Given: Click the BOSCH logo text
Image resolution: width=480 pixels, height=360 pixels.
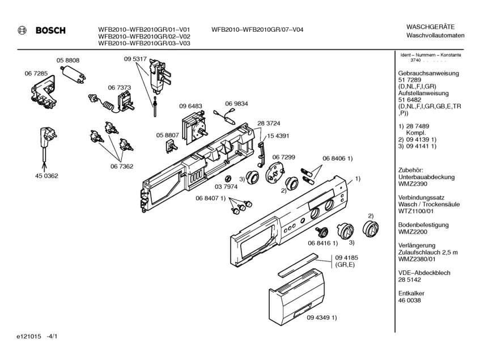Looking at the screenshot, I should (x=50, y=31).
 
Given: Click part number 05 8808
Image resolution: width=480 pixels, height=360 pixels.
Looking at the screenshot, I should (x=67, y=61).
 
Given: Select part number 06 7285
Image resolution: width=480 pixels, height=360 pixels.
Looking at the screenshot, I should (x=36, y=74).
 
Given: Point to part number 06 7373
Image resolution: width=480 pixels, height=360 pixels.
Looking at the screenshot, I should (x=120, y=87).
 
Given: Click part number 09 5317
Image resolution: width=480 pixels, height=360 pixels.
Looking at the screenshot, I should (x=135, y=59).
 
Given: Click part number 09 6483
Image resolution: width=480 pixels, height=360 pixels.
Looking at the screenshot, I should (x=191, y=106).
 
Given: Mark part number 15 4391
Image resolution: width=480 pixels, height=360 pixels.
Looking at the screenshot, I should (x=278, y=135).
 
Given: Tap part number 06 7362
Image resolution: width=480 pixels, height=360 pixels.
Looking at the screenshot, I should (x=121, y=166).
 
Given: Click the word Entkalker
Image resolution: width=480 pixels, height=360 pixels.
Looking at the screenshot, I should (x=413, y=293).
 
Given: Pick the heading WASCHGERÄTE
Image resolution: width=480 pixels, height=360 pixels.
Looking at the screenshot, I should (x=430, y=27).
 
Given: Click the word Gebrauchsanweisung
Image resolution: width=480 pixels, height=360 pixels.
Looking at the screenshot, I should (x=428, y=73).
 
